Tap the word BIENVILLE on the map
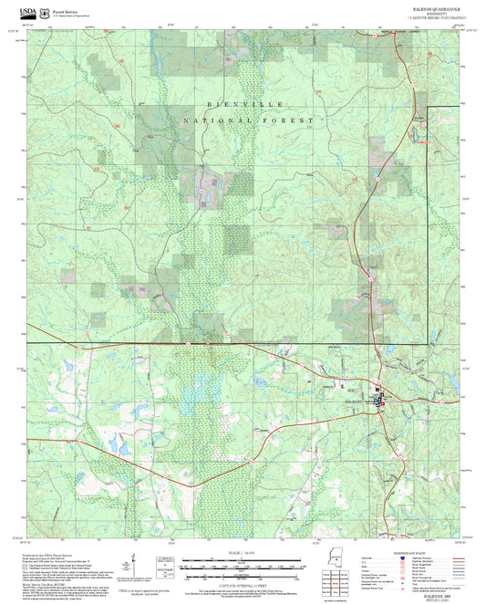[x=222, y=106]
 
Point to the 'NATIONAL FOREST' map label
[x=248, y=120]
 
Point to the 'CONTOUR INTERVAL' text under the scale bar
[x=242, y=585]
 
